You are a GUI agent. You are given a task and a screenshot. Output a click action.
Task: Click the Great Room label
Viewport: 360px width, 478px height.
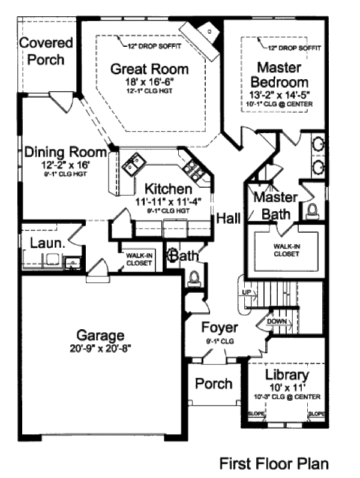149,69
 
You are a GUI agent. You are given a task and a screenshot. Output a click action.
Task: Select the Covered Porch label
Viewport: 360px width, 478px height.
46,51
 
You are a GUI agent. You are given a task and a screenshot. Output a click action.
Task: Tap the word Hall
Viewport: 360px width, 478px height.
229,218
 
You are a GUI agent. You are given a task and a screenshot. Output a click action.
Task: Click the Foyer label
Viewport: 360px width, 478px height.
219,328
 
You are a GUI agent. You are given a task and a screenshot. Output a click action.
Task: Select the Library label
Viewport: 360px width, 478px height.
287,375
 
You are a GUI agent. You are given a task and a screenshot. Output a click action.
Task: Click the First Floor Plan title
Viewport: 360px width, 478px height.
274,463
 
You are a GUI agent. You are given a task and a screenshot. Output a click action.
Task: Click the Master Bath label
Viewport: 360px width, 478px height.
275,206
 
